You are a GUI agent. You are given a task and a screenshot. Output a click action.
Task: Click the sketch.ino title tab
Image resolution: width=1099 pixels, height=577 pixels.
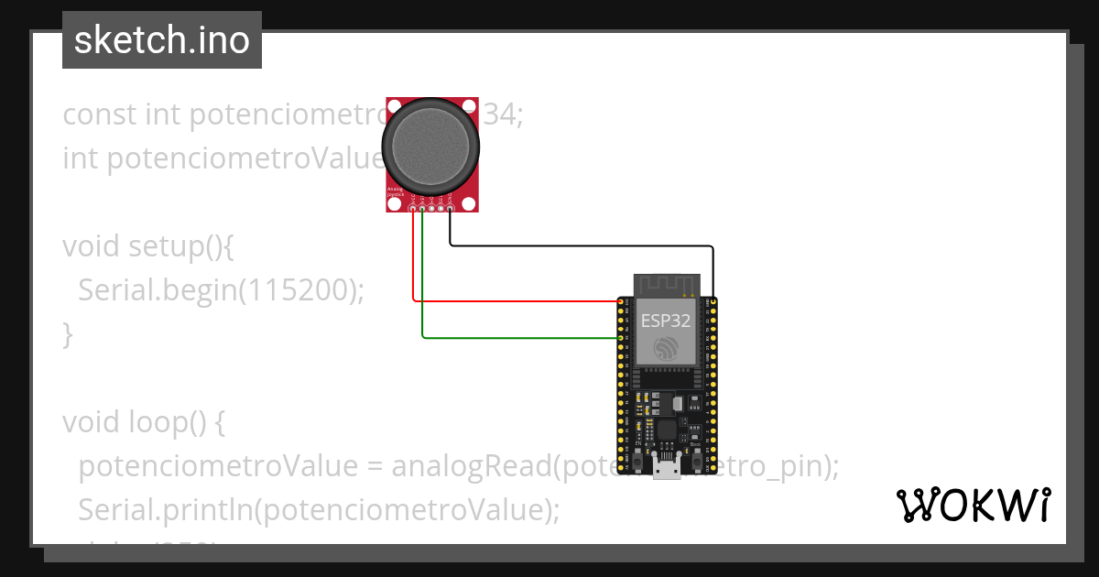161,40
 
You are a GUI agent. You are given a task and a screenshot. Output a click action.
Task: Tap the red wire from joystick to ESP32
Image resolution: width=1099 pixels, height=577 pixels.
513,299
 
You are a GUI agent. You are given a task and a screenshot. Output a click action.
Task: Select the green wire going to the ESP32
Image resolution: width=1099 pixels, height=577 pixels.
513,337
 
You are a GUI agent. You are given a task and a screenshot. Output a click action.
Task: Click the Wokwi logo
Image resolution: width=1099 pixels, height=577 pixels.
973,505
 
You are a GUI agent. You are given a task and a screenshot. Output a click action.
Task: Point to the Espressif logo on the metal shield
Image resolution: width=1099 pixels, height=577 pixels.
666,348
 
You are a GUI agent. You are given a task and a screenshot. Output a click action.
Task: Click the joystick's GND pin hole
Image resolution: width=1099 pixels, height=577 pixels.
451,211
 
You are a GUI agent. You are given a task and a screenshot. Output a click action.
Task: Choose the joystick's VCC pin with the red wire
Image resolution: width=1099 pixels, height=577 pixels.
414,211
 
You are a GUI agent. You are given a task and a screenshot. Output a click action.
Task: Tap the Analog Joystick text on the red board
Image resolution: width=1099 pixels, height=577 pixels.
396,192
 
